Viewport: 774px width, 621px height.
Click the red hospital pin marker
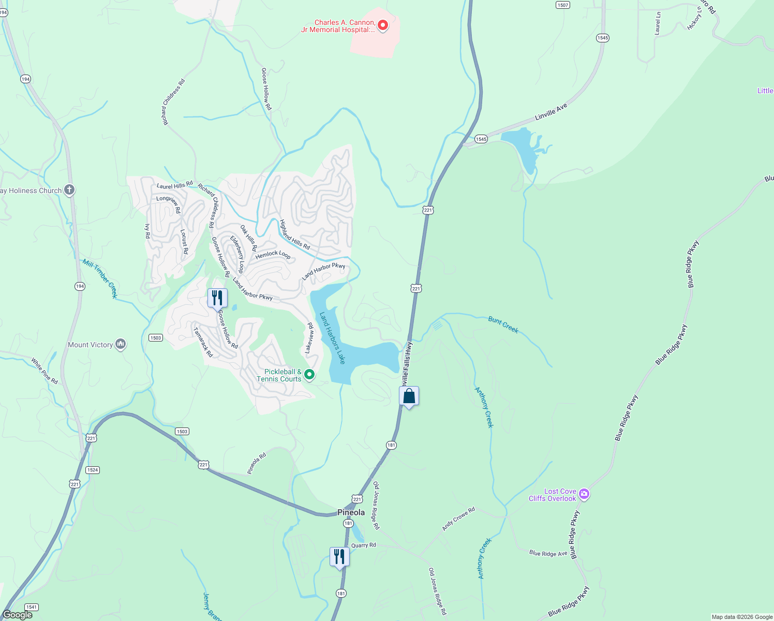383,25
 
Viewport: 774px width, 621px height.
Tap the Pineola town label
351,512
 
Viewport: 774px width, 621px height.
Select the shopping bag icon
409,397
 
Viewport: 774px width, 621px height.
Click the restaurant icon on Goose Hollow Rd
217,298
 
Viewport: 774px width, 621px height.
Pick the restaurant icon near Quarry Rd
339,557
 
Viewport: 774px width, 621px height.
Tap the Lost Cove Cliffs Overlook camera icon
584,494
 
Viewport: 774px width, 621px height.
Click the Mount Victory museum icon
121,344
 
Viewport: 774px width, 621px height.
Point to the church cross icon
69,190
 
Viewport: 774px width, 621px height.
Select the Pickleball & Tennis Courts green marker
309,374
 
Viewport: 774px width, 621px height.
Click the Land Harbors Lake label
332,338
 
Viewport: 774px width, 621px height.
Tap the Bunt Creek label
503,324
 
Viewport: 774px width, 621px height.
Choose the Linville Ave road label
551,112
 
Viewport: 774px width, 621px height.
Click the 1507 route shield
562,5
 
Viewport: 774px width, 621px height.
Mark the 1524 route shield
93,470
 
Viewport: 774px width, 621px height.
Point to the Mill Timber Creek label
100,279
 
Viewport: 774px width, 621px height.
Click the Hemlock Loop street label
273,254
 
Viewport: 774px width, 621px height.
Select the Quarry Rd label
364,545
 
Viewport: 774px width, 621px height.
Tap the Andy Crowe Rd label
458,519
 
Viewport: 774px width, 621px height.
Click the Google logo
17,615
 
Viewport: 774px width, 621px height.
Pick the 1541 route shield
32,607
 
